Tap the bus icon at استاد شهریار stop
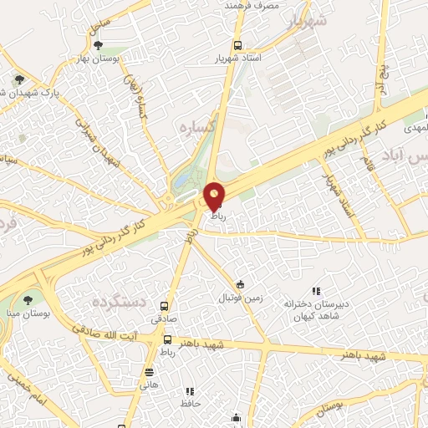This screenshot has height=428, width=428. point(238,46)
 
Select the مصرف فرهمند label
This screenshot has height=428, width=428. point(250,6)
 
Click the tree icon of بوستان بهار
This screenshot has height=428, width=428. point(99,45)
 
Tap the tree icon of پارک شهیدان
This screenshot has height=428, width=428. point(18,80)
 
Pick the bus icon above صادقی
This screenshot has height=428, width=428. point(165,307)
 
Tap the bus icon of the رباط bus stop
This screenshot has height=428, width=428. point(168,340)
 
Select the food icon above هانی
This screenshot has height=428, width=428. point(149,373)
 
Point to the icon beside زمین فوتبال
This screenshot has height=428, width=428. point(241,285)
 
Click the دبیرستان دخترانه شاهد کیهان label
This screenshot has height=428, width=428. point(314,306)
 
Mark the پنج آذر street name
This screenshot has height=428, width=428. point(385,75)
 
